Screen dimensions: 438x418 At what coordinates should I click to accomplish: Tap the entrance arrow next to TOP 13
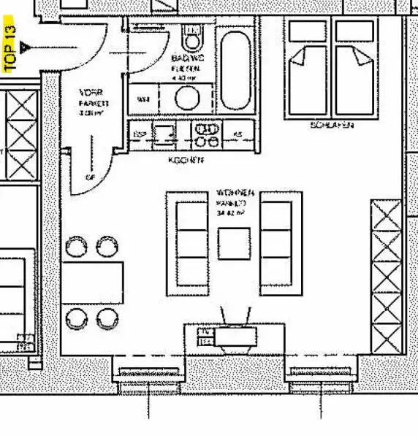click(26, 47)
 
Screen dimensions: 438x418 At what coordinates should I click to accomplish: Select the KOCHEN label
click(186, 158)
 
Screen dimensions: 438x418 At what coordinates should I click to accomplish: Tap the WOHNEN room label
click(235, 193)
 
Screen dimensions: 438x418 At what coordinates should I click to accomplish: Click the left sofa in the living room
click(189, 242)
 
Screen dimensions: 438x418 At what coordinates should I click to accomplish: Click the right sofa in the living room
click(281, 242)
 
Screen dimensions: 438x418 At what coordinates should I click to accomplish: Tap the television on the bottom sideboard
click(235, 335)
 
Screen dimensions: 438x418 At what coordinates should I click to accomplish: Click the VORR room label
click(91, 93)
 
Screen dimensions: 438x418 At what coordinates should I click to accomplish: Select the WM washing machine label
click(143, 98)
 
